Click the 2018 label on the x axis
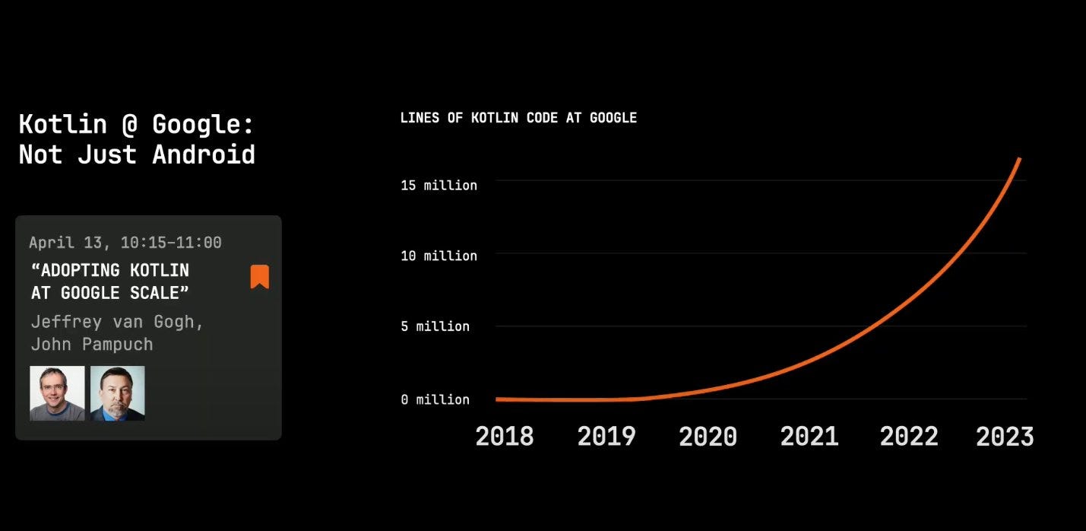click(504, 437)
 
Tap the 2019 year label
click(606, 437)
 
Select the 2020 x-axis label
click(708, 437)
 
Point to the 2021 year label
click(809, 437)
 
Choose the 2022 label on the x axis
click(909, 437)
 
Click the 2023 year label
click(1005, 437)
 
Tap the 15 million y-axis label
click(439, 186)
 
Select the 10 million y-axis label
click(439, 256)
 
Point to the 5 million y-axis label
click(435, 326)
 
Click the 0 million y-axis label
click(435, 399)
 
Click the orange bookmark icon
click(259, 276)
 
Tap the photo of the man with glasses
click(57, 393)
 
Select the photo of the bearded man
click(118, 393)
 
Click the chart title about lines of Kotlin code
click(518, 118)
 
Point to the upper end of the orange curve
click(1020, 159)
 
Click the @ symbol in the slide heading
click(130, 124)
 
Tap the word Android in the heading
click(204, 155)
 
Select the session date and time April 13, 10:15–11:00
click(125, 242)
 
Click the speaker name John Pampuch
click(92, 344)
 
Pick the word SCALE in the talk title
click(159, 293)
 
